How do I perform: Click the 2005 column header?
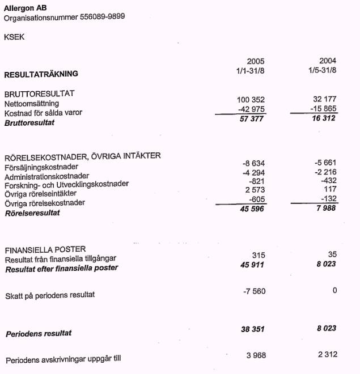[x=256, y=61]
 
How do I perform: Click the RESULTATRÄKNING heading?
[x=41, y=74]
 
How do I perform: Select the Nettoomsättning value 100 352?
[x=251, y=100]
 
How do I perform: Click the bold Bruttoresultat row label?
[x=29, y=123]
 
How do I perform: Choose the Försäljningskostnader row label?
[x=41, y=167]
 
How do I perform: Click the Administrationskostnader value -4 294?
[x=253, y=172]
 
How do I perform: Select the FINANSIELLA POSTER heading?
[x=45, y=250]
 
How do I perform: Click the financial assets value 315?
[x=258, y=256]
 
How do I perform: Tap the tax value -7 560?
[x=253, y=291]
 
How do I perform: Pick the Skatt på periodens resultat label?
[x=50, y=295]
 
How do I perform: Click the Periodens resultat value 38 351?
[x=253, y=329]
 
